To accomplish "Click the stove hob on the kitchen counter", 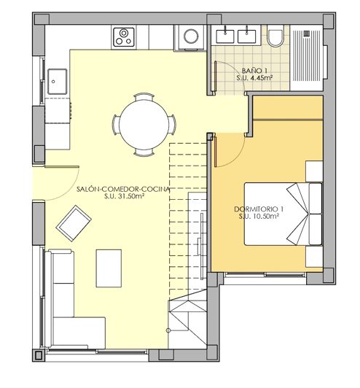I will pos(123,34).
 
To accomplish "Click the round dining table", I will pos(143,123).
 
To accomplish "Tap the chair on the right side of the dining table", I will pos(173,124).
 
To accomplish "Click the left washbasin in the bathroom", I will pos(225,32).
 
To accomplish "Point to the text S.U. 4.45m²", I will pos(252,77).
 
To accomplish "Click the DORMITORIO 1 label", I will pos(259,209).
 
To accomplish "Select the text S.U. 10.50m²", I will pos(259,217).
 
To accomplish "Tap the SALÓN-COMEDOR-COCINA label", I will pos(123,188).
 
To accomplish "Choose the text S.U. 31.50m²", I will pos(123,196).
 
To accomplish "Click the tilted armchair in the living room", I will pos(74,222).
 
